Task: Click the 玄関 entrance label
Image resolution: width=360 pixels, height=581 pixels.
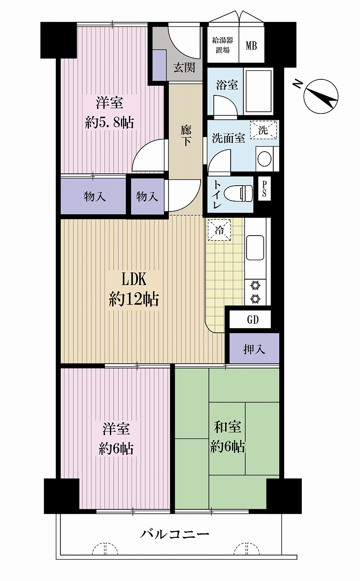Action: (184, 68)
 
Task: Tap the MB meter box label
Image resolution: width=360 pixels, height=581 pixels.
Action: (252, 46)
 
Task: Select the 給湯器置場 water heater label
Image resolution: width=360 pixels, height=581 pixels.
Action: (222, 44)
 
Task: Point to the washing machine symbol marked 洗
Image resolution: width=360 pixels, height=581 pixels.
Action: (263, 130)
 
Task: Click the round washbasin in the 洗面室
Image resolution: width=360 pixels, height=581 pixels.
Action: (265, 158)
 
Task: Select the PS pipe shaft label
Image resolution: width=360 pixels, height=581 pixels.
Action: (264, 188)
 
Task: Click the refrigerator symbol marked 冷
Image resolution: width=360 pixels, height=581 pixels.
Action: (219, 230)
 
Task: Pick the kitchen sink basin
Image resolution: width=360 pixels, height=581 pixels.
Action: (255, 247)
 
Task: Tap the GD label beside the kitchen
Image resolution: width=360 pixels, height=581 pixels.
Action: (252, 320)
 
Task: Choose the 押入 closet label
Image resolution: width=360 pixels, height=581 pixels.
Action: (254, 349)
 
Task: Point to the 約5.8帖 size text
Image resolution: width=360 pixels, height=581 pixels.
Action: (109, 123)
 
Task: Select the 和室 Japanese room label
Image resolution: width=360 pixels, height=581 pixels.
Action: (227, 427)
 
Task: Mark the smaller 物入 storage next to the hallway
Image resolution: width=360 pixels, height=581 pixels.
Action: (147, 197)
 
